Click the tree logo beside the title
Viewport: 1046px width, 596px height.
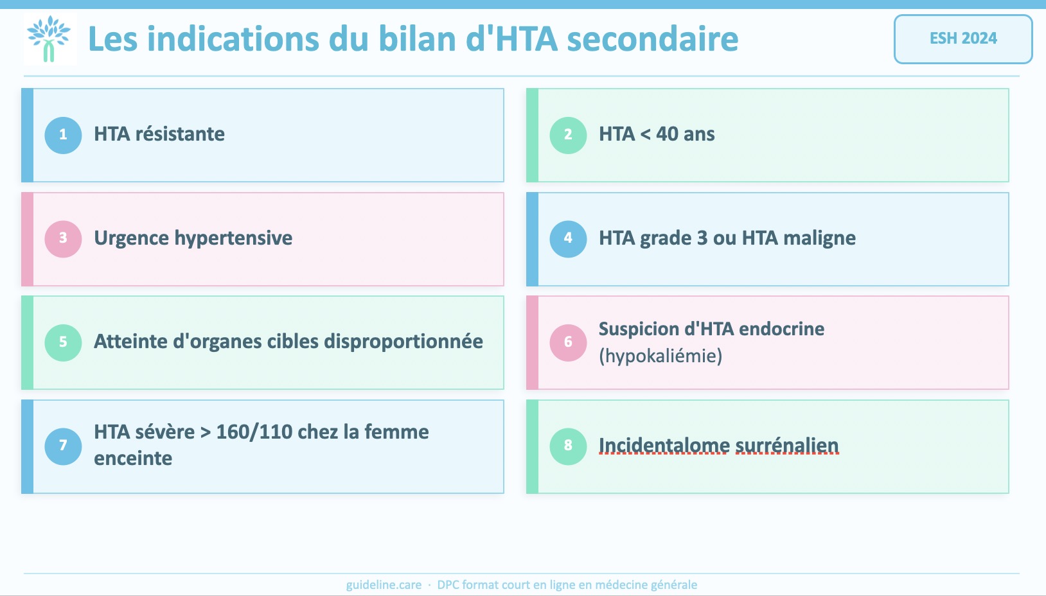[49, 39]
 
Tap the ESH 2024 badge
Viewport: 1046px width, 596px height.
[963, 39]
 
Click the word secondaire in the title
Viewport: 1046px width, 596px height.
[653, 39]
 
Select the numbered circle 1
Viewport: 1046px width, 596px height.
[63, 135]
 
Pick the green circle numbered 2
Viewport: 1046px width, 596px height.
[568, 135]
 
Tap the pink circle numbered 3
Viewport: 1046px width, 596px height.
[63, 238]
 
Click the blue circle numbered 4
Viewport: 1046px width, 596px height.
[568, 238]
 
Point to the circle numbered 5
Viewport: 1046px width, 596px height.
[63, 342]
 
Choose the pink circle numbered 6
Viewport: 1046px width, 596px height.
[568, 342]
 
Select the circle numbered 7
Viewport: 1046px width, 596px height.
[63, 446]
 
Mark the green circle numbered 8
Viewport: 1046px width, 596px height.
[568, 446]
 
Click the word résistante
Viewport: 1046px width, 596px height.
[180, 134]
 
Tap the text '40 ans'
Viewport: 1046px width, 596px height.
[685, 134]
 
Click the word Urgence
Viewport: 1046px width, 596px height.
[131, 238]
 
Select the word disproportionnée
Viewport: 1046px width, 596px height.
[403, 342]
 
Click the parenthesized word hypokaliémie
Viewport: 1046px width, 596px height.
[660, 356]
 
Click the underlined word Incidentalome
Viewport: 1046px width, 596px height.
[664, 446]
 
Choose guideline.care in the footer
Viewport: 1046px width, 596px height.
[384, 585]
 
